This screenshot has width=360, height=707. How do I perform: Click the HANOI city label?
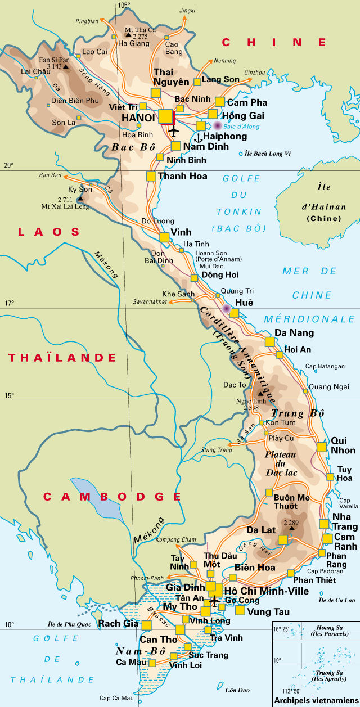pos(138,118)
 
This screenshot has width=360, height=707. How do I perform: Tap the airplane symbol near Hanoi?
pos(173,132)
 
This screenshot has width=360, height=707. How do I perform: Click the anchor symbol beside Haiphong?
pos(197,137)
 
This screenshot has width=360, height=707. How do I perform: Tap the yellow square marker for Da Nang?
pos(269,341)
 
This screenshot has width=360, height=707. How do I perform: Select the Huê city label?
pos(244,303)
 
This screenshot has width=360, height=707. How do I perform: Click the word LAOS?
pos(49,232)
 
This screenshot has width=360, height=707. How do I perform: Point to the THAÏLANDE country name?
pos(62,358)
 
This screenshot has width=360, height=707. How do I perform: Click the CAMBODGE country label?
pos(112,497)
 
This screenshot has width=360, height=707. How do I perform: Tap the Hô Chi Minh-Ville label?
pos(266,591)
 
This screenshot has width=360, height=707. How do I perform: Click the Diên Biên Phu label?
pos(75,101)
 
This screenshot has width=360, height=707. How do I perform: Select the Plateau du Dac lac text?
pos(278,463)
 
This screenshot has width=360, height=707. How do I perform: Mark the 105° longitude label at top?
pos(124,5)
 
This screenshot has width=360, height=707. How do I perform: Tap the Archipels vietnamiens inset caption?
pos(316,701)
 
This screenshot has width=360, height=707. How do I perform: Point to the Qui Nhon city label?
pos(343,445)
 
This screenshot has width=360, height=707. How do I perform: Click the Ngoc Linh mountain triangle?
pos(260,395)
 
